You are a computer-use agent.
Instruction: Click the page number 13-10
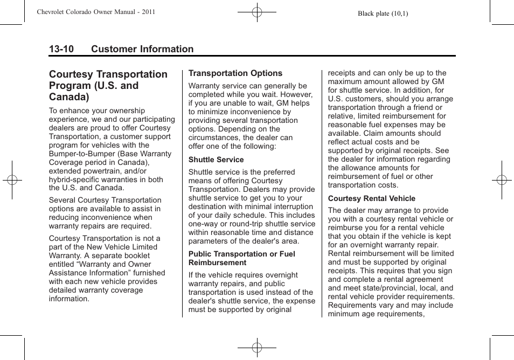tap(61, 49)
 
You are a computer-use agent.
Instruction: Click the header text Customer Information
tap(142, 49)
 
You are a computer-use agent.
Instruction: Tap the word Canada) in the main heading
tap(69, 97)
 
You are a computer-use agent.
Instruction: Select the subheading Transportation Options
tap(235, 73)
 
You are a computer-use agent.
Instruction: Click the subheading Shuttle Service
tap(216, 160)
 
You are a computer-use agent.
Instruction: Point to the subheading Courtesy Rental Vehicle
tap(371, 198)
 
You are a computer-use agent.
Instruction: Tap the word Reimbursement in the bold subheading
tap(217, 262)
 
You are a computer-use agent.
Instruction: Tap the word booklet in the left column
tap(137, 255)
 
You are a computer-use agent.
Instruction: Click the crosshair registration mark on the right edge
tap(501, 180)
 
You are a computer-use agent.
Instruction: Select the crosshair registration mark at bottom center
tap(257, 348)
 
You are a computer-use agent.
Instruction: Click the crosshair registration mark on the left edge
tap(12, 180)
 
